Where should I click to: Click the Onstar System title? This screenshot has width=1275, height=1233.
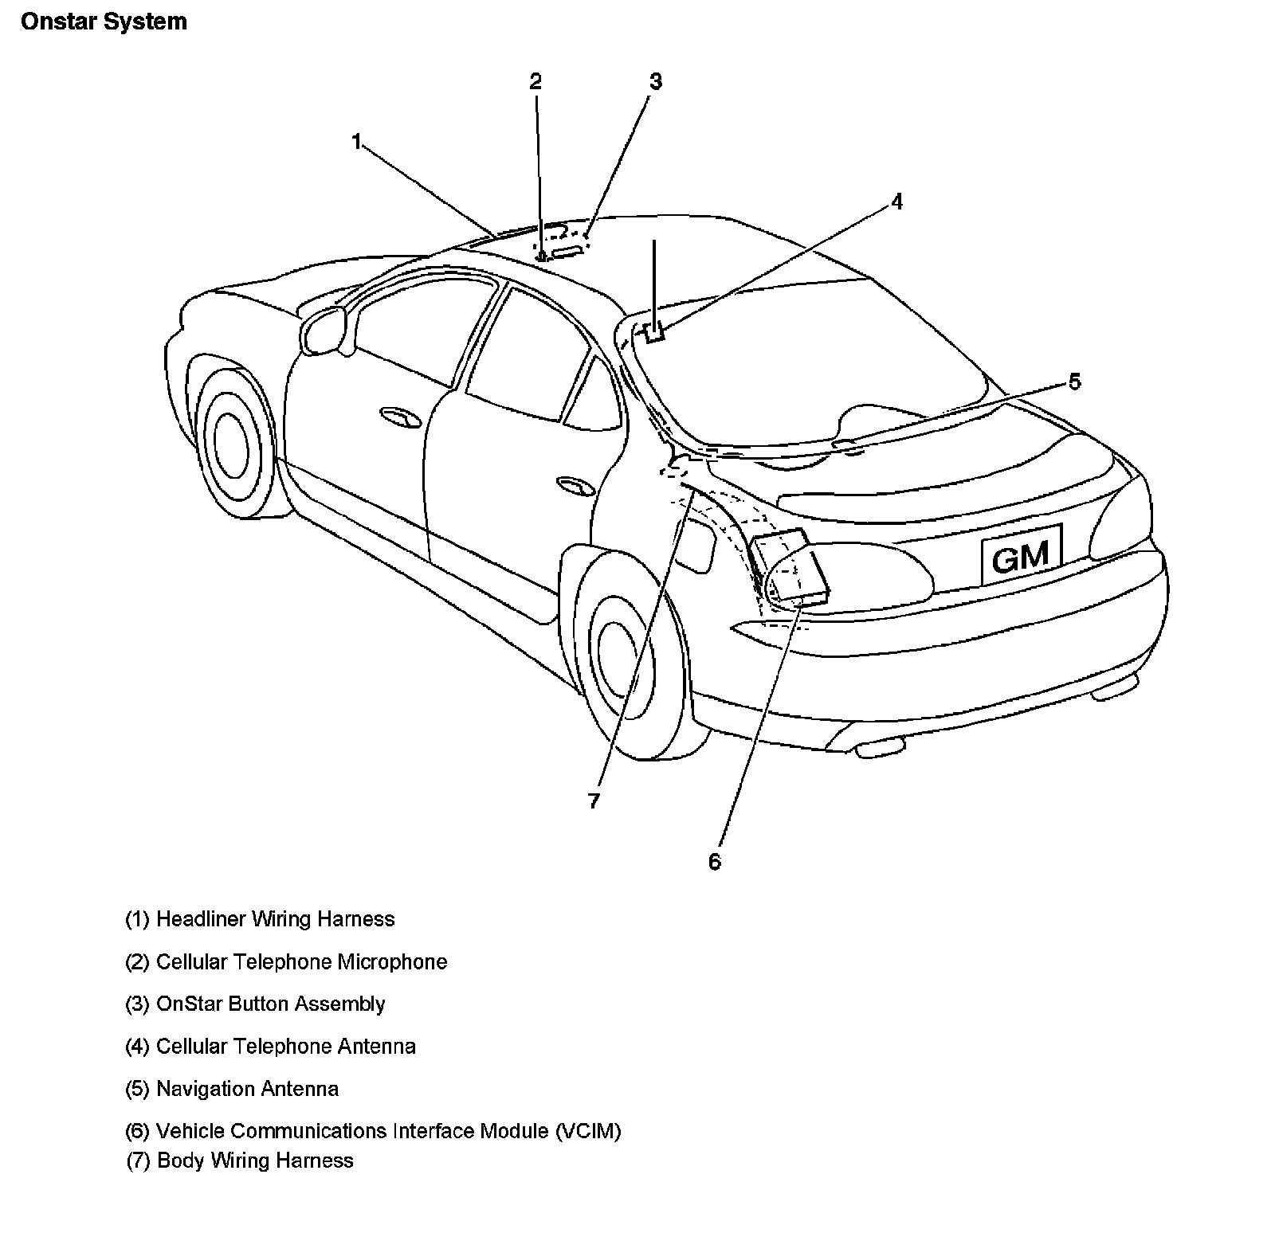point(104,22)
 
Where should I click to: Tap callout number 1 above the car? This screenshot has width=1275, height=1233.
point(356,142)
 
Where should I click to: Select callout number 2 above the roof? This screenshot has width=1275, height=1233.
point(535,81)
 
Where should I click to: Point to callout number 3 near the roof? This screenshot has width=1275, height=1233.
point(655,81)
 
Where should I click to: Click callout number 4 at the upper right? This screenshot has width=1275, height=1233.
point(896,202)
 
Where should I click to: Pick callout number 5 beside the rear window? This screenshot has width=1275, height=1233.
point(1074,382)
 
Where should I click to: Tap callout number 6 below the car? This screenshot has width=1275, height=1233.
point(714,861)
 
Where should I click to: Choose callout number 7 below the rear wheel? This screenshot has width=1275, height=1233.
point(594,800)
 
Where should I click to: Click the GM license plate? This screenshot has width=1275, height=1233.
point(1022,554)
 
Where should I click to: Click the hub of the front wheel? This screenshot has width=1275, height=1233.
point(232,446)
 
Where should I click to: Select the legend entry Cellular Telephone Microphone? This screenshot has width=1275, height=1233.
point(286,961)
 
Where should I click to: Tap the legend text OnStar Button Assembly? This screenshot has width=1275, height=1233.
point(255,1004)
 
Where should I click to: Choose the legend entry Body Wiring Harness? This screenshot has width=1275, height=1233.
point(240,1160)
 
